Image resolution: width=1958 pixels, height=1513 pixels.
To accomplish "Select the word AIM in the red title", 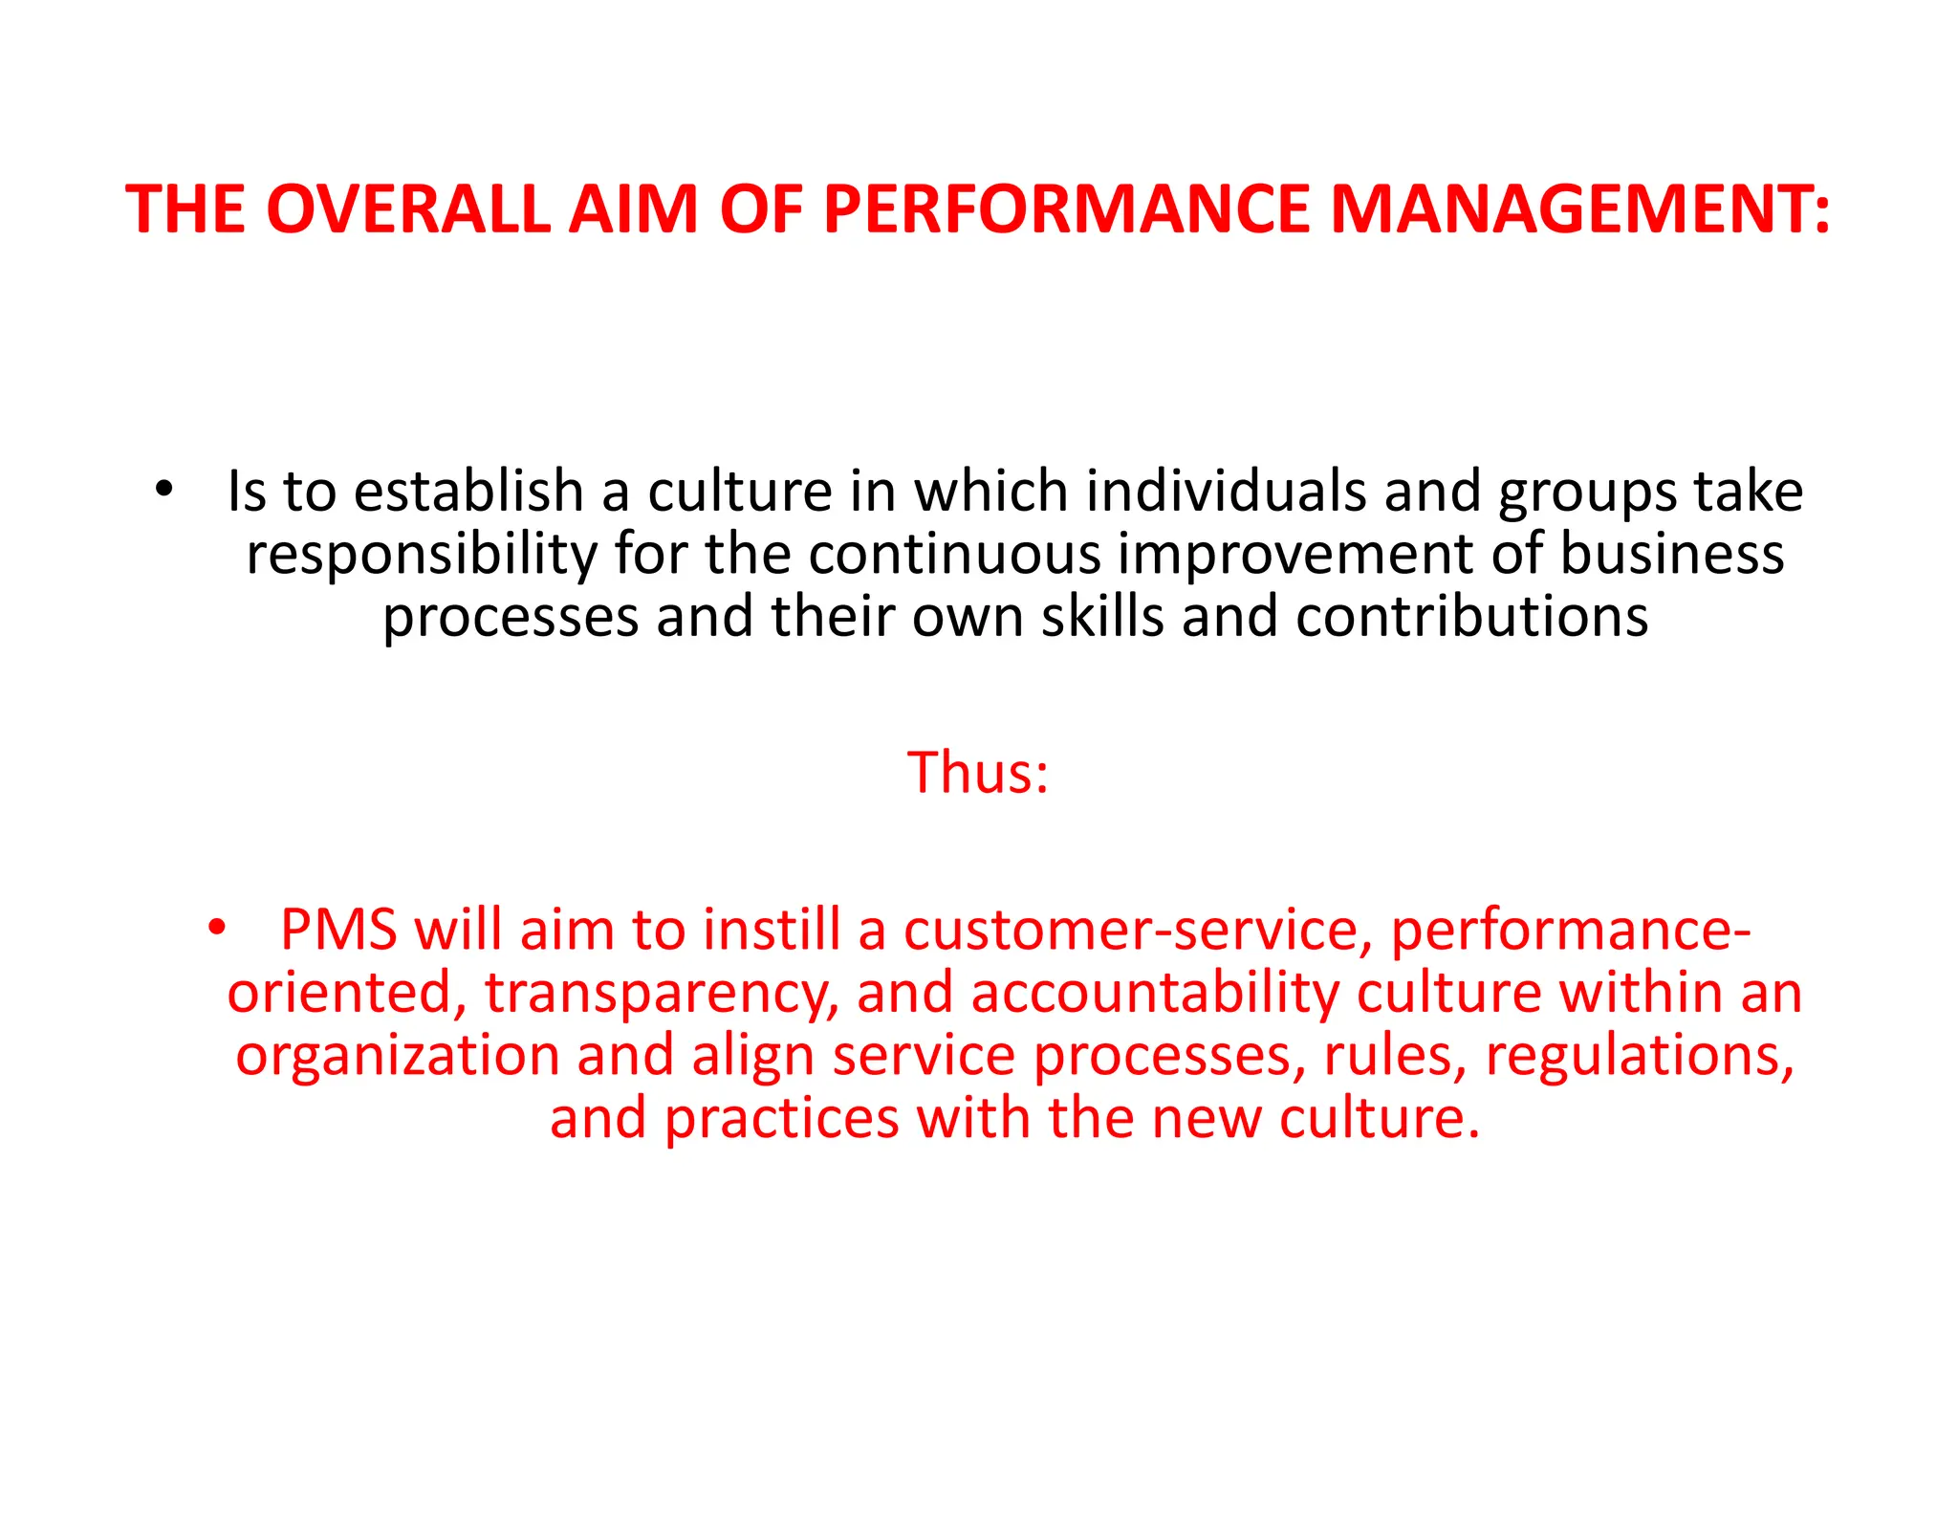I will (x=634, y=208).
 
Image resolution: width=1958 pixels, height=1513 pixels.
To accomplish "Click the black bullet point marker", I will (x=164, y=489).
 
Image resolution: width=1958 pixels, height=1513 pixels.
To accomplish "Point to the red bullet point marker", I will (x=217, y=927).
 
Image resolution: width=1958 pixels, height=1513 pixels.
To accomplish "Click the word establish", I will (x=469, y=492).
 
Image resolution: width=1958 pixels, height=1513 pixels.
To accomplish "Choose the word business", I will (x=1672, y=555).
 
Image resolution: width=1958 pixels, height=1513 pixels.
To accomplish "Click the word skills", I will (x=1102, y=617).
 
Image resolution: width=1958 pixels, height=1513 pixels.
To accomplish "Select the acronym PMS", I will (x=338, y=930).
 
